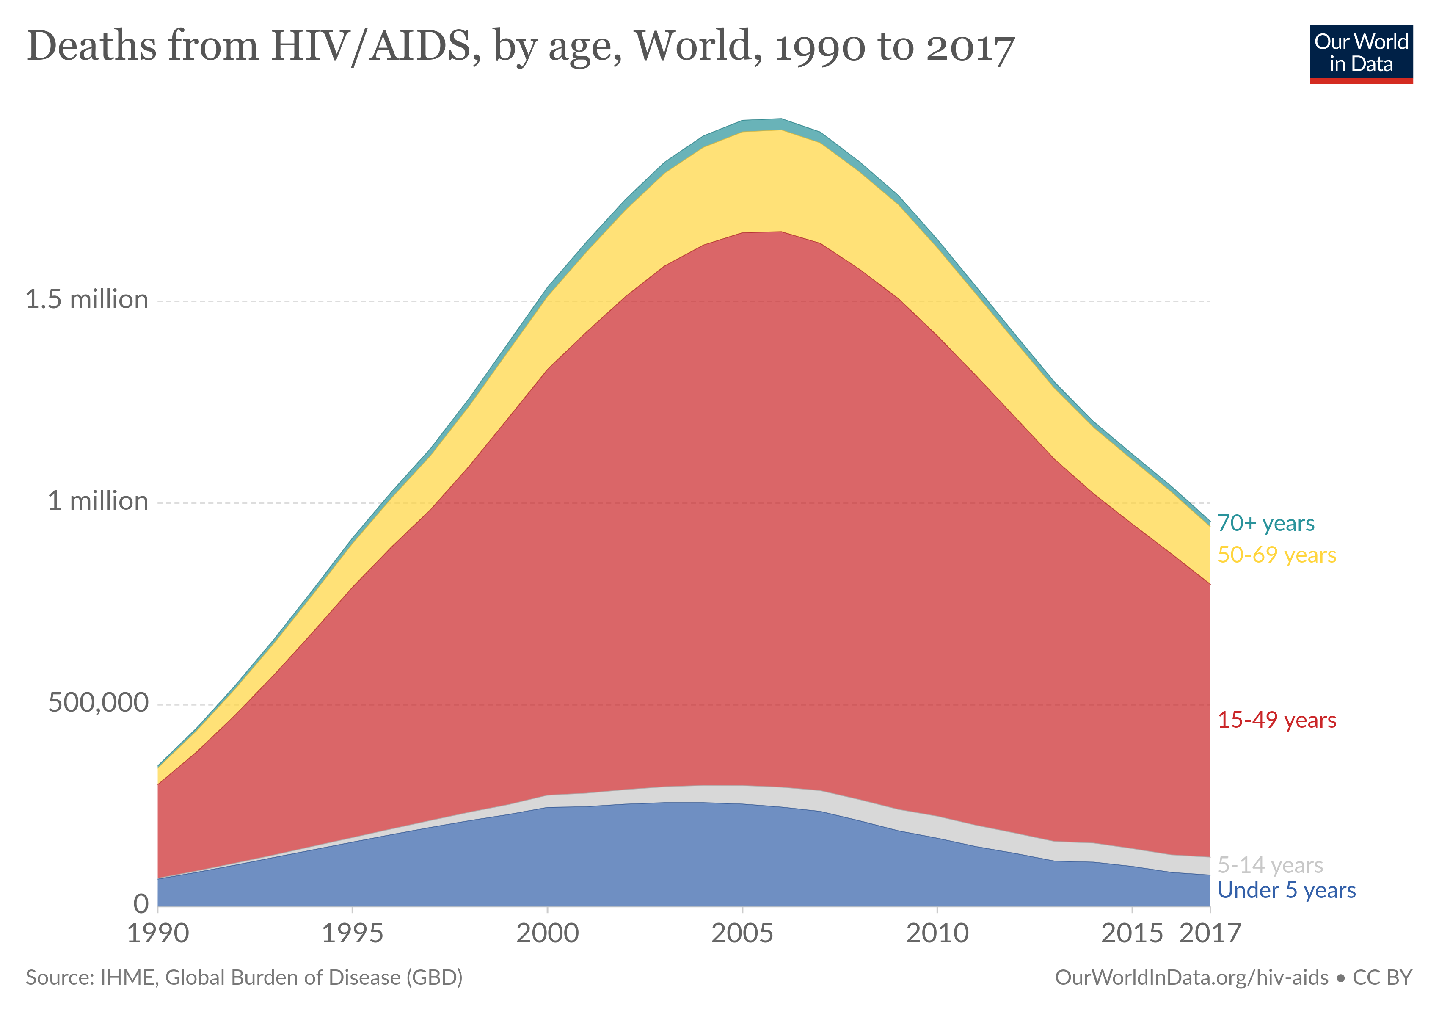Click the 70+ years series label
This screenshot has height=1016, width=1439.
[x=1265, y=523]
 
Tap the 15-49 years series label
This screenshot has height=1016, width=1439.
[x=1276, y=720]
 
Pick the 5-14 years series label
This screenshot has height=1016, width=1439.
[x=1270, y=865]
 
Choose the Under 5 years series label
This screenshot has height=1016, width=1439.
[x=1286, y=890]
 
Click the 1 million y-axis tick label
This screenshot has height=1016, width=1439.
[x=98, y=501]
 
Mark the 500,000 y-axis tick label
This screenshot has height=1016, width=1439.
[x=98, y=703]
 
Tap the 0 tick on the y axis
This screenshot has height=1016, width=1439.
[x=141, y=903]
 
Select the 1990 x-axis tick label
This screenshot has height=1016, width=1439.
[x=158, y=933]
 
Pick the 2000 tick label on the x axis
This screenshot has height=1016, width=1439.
[x=547, y=933]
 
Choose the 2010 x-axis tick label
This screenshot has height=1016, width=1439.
[x=937, y=933]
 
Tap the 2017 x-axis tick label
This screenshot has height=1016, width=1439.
[x=1210, y=933]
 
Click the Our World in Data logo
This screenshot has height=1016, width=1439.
[x=1361, y=54]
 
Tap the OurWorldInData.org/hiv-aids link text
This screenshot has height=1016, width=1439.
[x=1191, y=977]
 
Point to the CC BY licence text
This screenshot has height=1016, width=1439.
[x=1382, y=977]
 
